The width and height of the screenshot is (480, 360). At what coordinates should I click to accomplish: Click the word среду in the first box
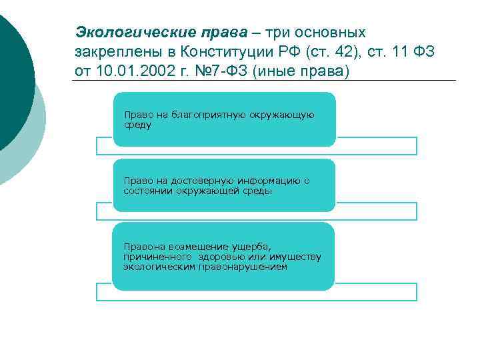(137, 124)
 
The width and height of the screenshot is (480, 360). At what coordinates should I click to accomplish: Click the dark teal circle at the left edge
(10, 80)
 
